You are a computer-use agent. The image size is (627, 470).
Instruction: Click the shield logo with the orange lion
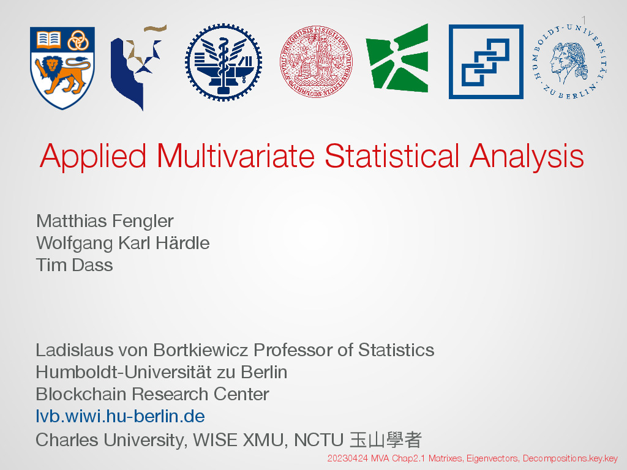62,68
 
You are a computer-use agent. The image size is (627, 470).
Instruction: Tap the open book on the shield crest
48,40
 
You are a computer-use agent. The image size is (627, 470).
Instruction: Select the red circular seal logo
316,62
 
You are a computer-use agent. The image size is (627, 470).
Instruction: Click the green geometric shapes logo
397,58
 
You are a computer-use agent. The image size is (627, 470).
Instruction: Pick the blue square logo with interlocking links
486,62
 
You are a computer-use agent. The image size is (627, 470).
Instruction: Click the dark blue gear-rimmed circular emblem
223,62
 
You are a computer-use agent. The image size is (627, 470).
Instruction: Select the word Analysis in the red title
527,157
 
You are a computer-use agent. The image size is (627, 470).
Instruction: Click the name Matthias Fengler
105,221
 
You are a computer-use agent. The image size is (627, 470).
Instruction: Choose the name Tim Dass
74,265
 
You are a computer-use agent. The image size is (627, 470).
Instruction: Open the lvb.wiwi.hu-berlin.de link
121,416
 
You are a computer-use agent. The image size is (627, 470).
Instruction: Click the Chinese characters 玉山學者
386,439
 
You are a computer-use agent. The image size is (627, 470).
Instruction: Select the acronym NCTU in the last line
318,440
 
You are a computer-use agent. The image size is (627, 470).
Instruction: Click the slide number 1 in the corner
584,20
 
